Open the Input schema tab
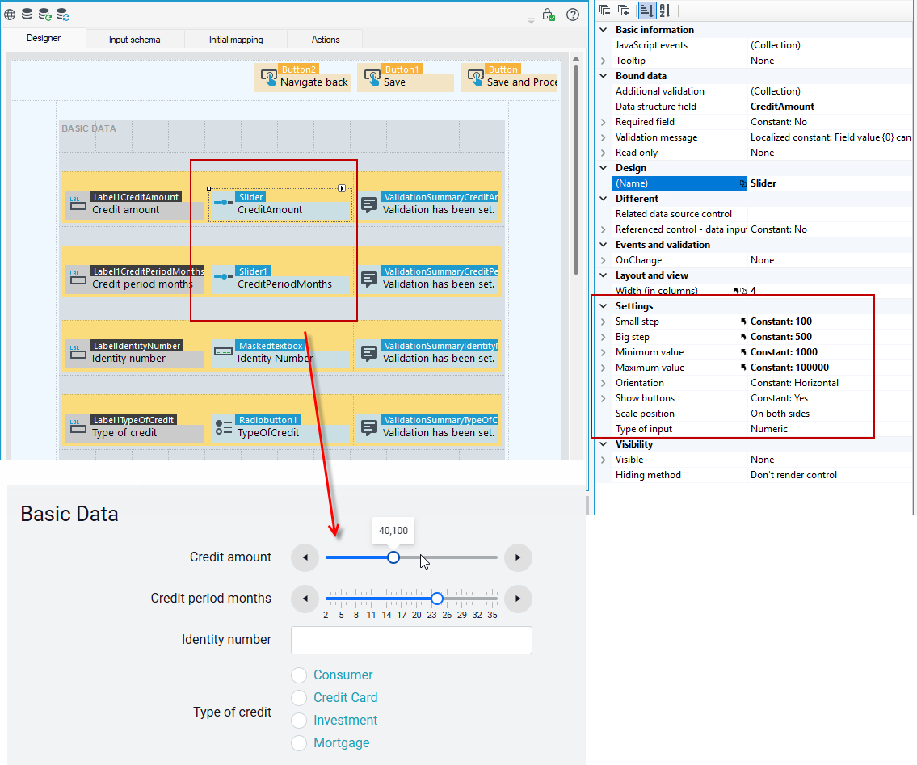point(134,40)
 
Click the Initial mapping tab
point(236,40)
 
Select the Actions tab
point(325,40)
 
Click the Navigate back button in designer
point(302,78)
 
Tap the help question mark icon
point(573,15)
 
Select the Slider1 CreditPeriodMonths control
point(280,278)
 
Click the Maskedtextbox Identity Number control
point(280,352)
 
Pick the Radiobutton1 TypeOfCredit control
point(280,427)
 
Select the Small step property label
point(637,321)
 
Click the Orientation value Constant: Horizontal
point(794,383)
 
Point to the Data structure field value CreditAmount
point(782,107)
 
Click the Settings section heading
point(634,306)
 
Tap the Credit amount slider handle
point(393,557)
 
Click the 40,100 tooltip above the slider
point(393,531)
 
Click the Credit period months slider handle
point(437,599)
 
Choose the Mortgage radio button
point(299,742)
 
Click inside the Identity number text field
point(411,640)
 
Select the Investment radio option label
point(345,720)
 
